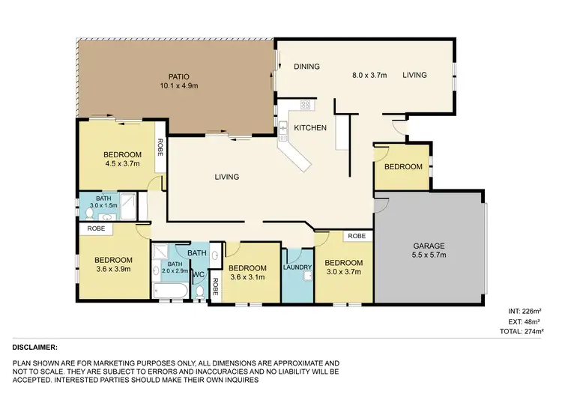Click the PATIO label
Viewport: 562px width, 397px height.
178,76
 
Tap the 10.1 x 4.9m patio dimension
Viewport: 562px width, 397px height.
178,86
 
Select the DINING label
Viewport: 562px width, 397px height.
306,67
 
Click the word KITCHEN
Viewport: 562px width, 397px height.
309,128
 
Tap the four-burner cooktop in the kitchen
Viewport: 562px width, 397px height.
306,105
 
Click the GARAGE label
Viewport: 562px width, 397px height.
429,245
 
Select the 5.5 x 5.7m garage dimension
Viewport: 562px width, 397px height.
429,255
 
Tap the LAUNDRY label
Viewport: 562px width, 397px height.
297,267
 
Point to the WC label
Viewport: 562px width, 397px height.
199,276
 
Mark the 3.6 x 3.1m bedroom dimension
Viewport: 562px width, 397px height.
247,278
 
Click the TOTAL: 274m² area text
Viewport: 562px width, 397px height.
524,330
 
